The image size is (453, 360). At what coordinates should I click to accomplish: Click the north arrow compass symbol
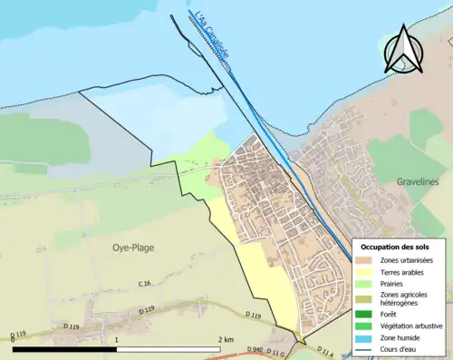coord(403,49)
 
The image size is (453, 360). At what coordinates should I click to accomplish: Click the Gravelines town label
coord(418,181)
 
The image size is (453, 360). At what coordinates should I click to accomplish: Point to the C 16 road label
coord(144,285)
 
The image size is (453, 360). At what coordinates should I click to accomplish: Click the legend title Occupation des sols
coord(395,247)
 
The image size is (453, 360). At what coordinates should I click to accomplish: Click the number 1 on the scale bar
coord(116,339)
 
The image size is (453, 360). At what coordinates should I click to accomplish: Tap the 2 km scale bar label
coord(226,339)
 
